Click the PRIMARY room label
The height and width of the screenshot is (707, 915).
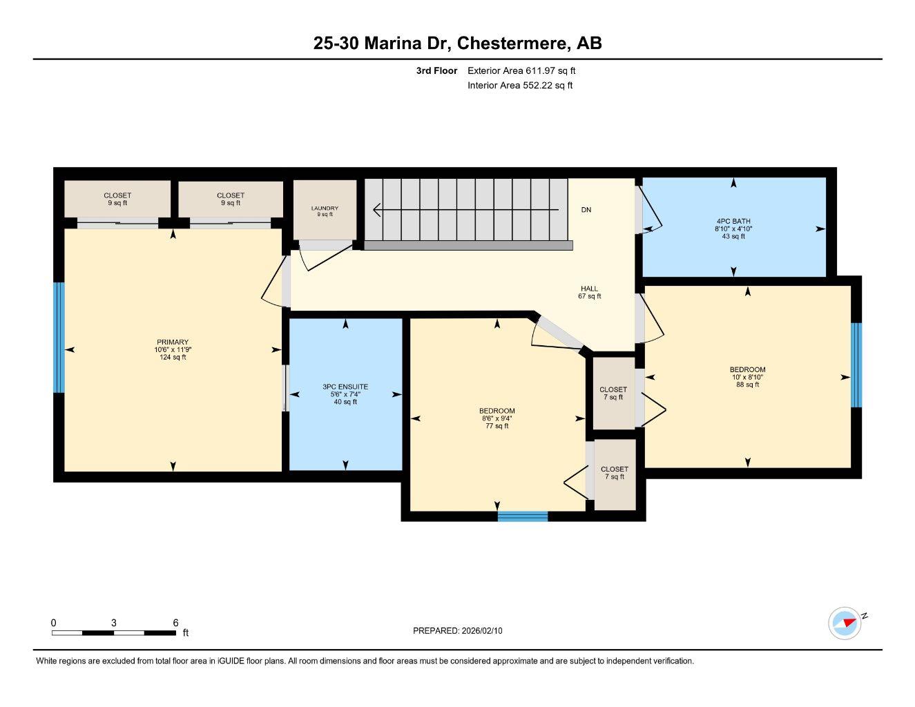click(172, 342)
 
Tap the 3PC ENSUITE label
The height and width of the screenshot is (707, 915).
click(345, 387)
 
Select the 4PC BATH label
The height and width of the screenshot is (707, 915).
click(733, 221)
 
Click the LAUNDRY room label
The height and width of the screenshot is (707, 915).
click(325, 209)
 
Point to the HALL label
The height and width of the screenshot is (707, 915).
click(589, 289)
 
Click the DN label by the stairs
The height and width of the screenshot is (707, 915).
click(586, 210)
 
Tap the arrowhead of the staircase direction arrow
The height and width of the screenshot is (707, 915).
click(377, 209)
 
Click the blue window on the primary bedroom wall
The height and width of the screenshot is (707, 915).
click(59, 337)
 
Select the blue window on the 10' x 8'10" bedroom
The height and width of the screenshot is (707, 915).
click(856, 365)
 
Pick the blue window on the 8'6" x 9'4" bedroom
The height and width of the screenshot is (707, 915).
click(523, 516)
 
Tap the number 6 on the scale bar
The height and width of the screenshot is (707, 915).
click(175, 623)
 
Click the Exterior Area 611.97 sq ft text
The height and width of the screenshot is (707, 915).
click(521, 70)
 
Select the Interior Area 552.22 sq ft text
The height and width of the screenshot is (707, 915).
click(520, 86)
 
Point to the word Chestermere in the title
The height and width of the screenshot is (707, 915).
click(514, 43)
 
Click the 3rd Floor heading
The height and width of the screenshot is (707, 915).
click(436, 70)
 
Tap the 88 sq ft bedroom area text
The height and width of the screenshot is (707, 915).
click(747, 385)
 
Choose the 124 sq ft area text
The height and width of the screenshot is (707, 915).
click(173, 357)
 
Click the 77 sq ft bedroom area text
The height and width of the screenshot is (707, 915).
click(497, 426)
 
